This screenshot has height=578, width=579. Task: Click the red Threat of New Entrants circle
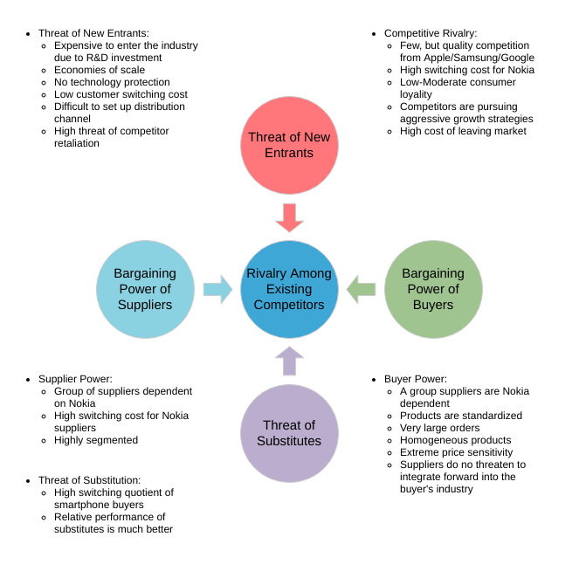pos(289,145)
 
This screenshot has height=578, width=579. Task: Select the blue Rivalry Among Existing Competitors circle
pos(289,289)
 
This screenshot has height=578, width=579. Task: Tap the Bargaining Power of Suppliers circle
pos(145,289)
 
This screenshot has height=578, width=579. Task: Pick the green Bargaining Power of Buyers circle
pos(433,289)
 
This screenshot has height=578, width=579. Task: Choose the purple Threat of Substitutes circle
pos(289,433)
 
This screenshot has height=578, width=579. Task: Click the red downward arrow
pos(289,217)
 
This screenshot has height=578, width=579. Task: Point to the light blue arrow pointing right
pos(217,289)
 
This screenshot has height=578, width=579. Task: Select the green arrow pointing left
pos(361,289)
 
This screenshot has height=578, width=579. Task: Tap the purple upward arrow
pos(289,361)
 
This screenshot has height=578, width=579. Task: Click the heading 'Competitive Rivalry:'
pos(431,33)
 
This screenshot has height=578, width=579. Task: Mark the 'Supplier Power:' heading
pos(75,379)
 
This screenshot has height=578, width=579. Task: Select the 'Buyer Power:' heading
pos(416,379)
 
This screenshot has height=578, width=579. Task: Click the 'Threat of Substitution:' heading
pos(89,480)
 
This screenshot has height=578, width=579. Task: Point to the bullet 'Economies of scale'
pos(100,70)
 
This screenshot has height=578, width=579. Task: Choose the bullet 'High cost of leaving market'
pos(463,131)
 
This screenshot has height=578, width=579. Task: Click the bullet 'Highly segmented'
pos(96,440)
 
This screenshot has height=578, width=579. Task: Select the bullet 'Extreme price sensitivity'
pos(456,452)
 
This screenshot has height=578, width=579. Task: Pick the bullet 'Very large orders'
pos(438,428)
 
